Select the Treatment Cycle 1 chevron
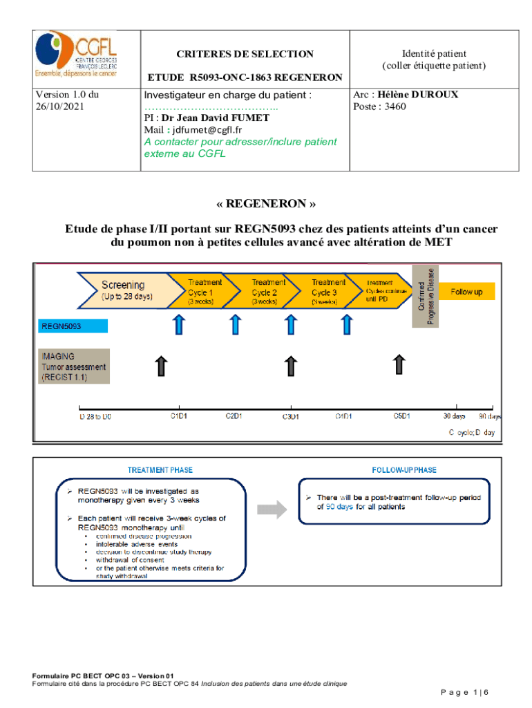(x=205, y=291)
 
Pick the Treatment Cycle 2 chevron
(x=265, y=291)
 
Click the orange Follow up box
(x=467, y=292)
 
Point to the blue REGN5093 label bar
(x=72, y=326)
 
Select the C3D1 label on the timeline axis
(x=291, y=416)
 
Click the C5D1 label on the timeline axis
(x=402, y=416)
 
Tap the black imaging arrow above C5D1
(x=399, y=364)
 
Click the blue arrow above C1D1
(x=179, y=324)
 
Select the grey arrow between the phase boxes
(x=272, y=510)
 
